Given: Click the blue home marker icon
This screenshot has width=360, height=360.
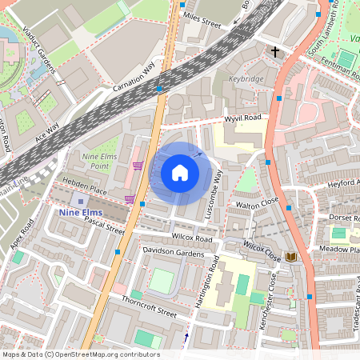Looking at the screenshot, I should [180, 173].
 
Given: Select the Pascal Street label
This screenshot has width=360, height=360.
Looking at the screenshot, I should [104, 230].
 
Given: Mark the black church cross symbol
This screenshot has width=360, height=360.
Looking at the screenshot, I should [275, 52].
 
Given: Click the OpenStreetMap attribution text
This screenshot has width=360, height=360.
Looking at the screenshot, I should [81, 354].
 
